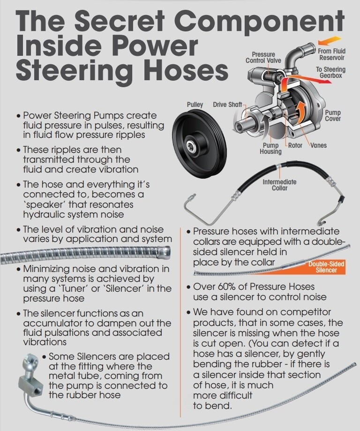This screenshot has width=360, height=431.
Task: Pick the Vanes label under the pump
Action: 318,145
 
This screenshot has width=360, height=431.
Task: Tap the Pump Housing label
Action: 271,149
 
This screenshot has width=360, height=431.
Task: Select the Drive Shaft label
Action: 228,104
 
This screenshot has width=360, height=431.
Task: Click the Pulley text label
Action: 195,104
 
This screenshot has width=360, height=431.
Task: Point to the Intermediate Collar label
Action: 279,185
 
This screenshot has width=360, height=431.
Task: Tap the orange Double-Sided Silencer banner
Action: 326,267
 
